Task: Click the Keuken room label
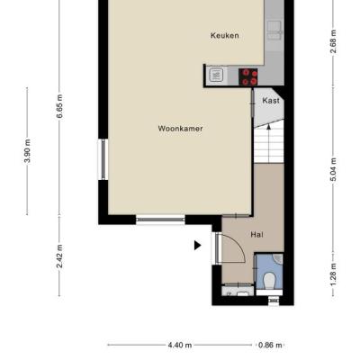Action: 225,35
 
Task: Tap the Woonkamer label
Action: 180,129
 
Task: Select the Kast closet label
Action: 271,101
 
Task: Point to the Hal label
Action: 256,234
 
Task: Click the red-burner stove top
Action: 248,77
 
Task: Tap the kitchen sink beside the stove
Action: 216,75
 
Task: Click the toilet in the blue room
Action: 269,280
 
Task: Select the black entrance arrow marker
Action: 197,246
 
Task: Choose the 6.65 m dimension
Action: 59,106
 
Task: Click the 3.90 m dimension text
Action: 27,151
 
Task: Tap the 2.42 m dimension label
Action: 59,256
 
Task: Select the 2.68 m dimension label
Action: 333,41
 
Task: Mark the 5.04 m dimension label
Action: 333,169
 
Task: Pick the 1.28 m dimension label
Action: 333,274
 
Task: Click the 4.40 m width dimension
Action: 180,346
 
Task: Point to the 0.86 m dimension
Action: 270,346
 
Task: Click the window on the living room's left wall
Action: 103,159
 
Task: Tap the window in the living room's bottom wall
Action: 160,220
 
